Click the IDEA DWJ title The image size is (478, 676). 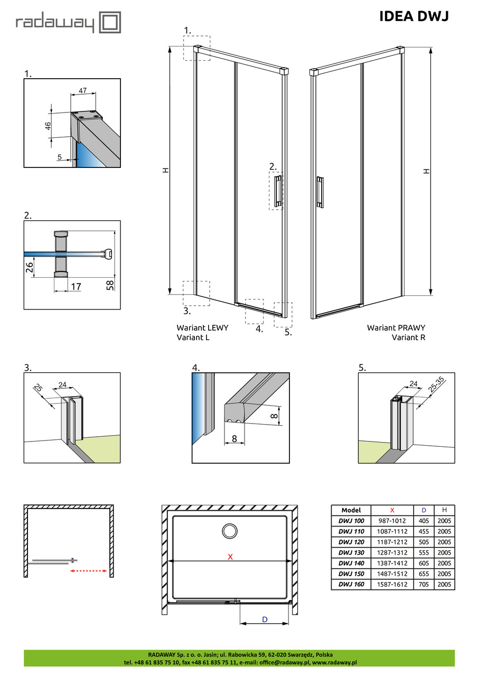[x=414, y=16]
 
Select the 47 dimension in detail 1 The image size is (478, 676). [x=82, y=91]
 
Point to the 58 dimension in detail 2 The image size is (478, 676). [x=109, y=286]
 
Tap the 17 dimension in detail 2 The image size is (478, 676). [x=76, y=287]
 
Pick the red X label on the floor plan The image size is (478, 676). [x=230, y=557]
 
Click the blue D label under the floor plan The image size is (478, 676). [x=265, y=618]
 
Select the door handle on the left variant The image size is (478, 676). [x=278, y=191]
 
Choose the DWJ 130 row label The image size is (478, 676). [x=351, y=552]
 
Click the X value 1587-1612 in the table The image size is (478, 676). [x=392, y=585]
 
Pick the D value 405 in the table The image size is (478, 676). [x=423, y=521]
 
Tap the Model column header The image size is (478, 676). [x=351, y=510]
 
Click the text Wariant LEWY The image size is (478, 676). [x=202, y=327]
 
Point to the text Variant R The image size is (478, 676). [x=408, y=337]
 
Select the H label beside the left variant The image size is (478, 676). [x=165, y=171]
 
